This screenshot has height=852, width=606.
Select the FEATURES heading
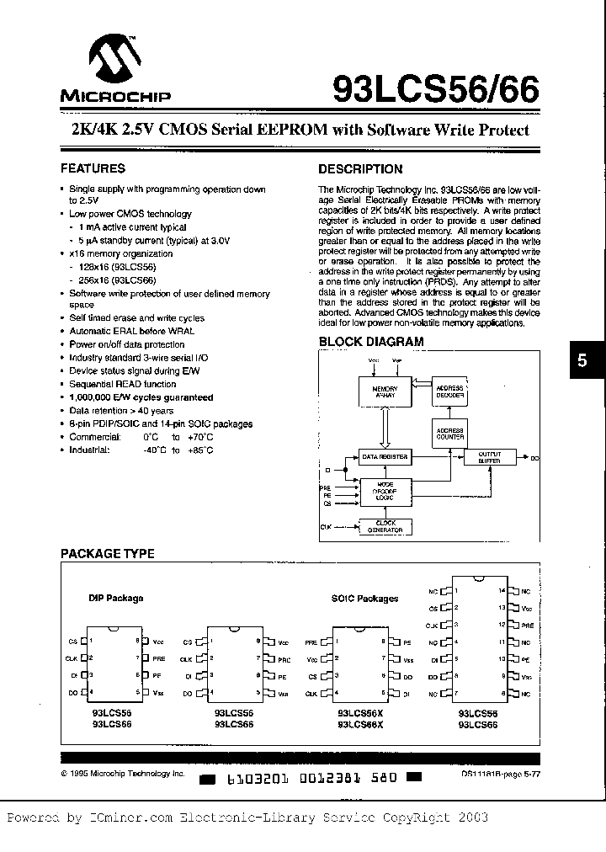point(93,168)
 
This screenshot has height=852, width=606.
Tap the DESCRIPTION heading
point(360,168)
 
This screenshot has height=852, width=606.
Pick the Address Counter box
point(450,434)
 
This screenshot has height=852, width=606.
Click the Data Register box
point(385,457)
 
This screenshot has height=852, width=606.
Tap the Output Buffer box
point(488,458)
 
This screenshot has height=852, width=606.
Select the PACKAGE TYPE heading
point(107,553)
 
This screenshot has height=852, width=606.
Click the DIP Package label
point(116,598)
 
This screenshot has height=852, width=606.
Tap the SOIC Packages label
point(365,598)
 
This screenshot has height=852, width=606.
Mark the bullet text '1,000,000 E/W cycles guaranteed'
point(141,397)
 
